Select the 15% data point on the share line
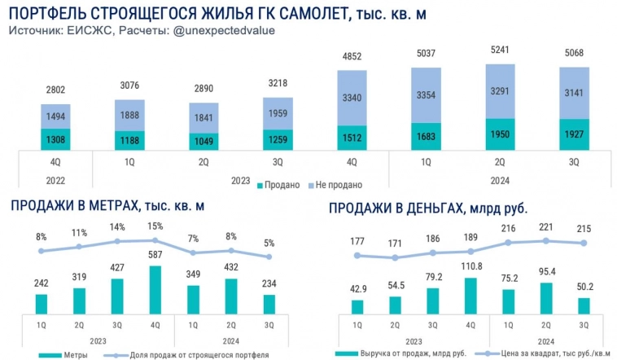click(155, 240)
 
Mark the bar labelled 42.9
click(357, 306)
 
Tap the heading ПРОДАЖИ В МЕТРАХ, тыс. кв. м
click(118, 205)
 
